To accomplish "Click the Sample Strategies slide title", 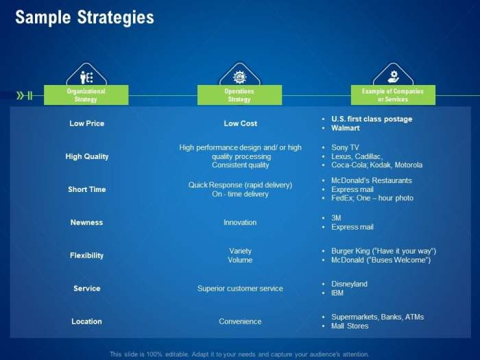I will pos(84,18).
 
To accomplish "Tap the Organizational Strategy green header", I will pos(86,95).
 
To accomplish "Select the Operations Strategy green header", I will pos(239,95).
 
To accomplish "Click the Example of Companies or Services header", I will pos(392,95).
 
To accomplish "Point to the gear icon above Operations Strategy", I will pos(239,77).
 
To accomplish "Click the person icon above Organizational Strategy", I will pos(86,77).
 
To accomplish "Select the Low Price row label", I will pos(86,123).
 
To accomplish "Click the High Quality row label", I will pos(87,156).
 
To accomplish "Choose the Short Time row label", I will pos(87,189).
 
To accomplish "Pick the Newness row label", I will pos(86,222).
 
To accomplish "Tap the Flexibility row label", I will pos(86,255).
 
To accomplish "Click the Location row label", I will pos(86,321).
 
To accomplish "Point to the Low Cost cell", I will pos(240,123).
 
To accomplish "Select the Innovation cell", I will pos(240,222).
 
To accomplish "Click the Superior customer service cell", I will pos(240,289).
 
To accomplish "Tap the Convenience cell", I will pos(240,321).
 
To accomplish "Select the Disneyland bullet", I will pos(350,284).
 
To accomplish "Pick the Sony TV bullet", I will pos(345,147).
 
